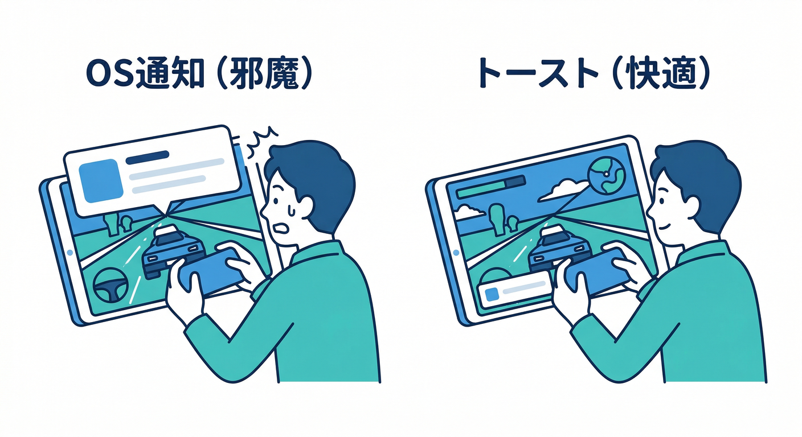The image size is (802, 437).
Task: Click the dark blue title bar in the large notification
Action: tap(147, 158)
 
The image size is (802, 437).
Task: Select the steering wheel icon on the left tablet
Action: tap(110, 285)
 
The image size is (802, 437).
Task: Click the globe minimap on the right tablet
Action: tap(606, 176)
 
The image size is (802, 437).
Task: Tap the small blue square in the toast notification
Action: tap(492, 294)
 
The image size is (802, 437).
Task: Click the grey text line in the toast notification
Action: tap(524, 287)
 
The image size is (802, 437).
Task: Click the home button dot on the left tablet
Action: tap(70, 253)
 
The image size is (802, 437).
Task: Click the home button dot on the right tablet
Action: tap(456, 253)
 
